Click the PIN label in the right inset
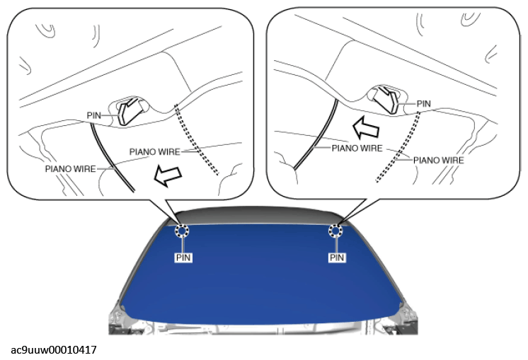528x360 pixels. click(423, 103)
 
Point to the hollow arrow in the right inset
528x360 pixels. click(367, 128)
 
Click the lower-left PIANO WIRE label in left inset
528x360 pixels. click(69, 169)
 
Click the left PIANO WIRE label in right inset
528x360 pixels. click(357, 149)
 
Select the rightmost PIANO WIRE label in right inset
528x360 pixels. click(438, 161)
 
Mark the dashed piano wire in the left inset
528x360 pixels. click(198, 141)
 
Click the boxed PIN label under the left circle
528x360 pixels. click(183, 258)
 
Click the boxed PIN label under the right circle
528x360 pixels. click(338, 258)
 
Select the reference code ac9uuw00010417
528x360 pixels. click(54, 350)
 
